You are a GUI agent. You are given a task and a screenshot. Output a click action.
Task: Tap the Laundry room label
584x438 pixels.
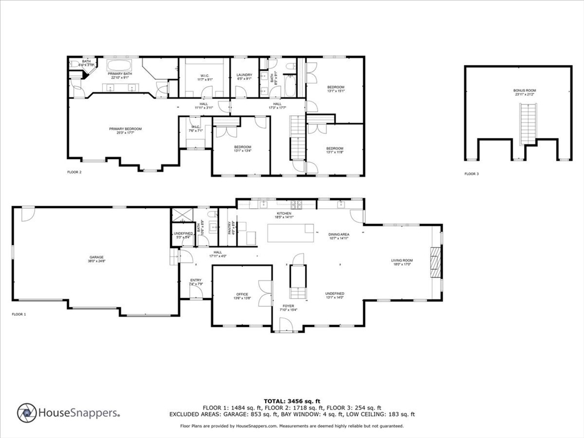[244, 76]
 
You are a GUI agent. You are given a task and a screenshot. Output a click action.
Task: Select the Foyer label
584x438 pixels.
[288, 307]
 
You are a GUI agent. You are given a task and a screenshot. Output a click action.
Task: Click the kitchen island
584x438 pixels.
[291, 233]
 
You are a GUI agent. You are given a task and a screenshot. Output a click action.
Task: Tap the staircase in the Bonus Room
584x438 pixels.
[529, 124]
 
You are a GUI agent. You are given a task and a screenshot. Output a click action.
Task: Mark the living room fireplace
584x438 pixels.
[436, 262]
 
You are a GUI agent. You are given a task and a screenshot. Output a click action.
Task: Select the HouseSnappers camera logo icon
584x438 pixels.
[26, 412]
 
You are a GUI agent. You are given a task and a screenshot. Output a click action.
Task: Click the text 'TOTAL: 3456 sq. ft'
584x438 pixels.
[292, 401]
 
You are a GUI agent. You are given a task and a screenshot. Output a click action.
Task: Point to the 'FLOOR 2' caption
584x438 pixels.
[75, 172]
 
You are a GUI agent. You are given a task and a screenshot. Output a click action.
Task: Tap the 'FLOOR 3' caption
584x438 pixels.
[471, 173]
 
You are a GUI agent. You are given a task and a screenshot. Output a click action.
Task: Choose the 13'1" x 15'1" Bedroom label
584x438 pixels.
[335, 88]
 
